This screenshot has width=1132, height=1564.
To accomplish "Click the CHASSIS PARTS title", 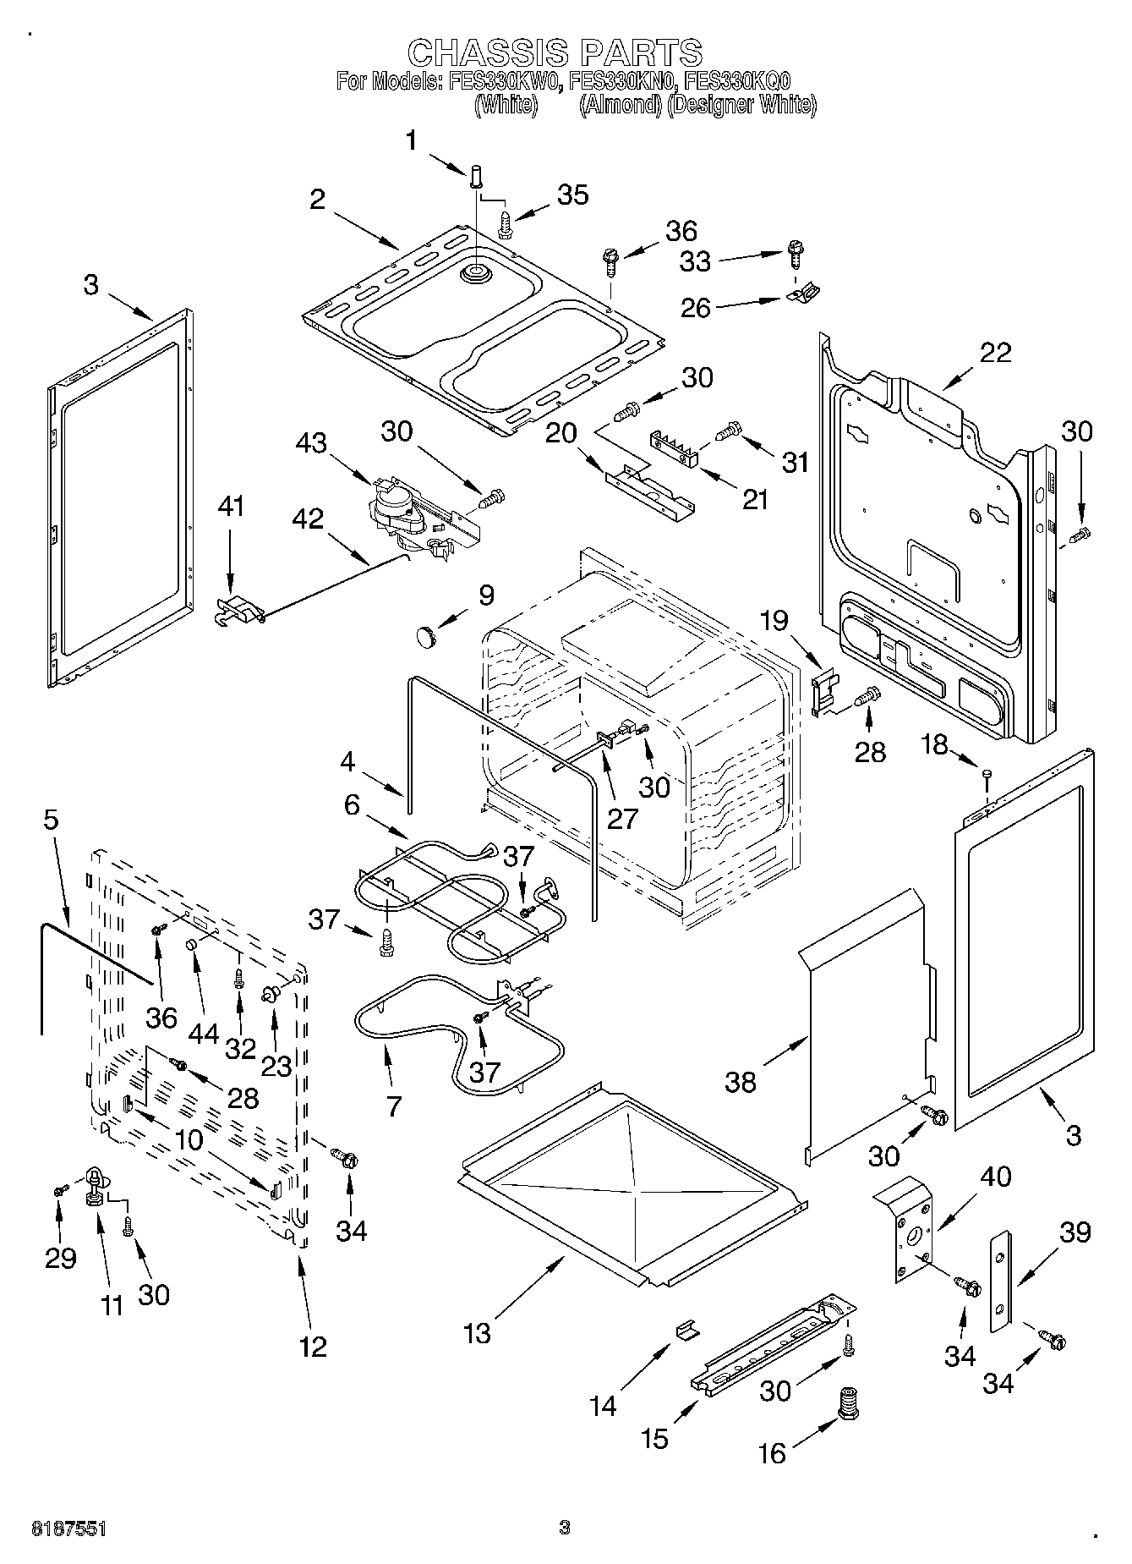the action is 555,52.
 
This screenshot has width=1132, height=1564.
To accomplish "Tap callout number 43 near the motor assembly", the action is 312,442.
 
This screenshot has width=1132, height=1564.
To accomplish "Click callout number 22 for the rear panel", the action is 994,352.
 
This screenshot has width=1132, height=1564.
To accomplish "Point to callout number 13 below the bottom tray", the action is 477,1333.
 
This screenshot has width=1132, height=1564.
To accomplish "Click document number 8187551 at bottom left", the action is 68,1528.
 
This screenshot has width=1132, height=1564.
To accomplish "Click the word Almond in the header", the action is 621,105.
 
